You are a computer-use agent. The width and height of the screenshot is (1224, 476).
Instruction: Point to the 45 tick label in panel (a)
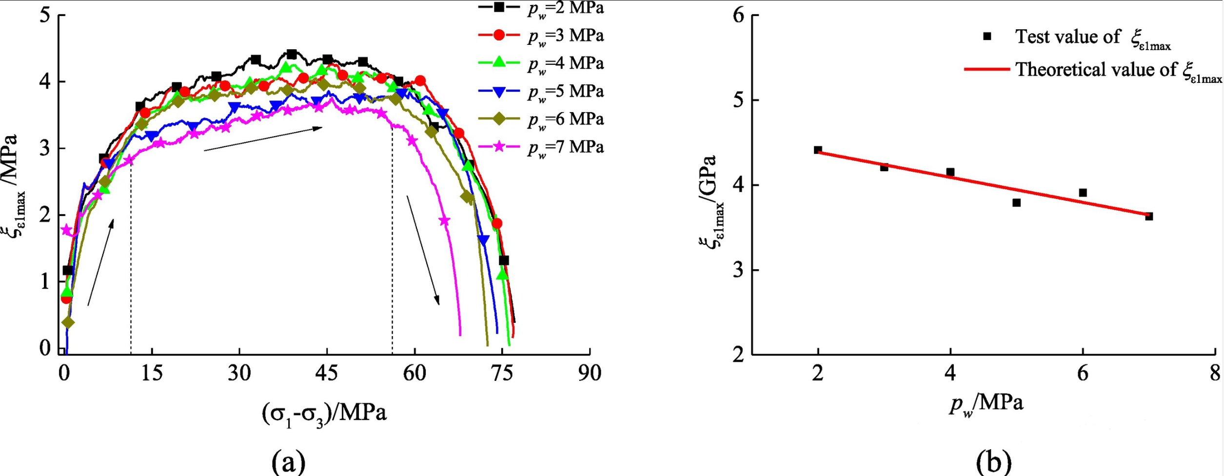(326, 373)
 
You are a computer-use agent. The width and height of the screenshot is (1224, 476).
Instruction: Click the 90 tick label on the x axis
(590, 373)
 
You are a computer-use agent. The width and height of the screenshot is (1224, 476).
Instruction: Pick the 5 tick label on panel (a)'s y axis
(45, 15)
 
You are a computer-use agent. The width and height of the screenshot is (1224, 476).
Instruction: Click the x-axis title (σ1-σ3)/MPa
(324, 414)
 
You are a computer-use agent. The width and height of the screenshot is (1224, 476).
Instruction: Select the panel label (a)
(289, 460)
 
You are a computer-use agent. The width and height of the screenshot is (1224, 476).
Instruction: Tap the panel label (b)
(994, 460)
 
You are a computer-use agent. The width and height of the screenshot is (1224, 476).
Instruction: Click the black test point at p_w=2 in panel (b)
(818, 150)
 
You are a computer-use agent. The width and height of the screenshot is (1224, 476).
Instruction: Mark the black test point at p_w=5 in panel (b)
(1016, 202)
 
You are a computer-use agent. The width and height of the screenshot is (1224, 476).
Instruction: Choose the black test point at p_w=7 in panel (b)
(1149, 217)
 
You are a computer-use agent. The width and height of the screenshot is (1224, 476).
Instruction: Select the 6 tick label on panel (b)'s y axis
(739, 16)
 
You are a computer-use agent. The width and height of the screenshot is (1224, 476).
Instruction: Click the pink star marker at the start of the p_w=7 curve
(66, 230)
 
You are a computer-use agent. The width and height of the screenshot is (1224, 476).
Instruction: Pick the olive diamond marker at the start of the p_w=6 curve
(68, 322)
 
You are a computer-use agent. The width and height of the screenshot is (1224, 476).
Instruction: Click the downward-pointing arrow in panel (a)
(423, 250)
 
